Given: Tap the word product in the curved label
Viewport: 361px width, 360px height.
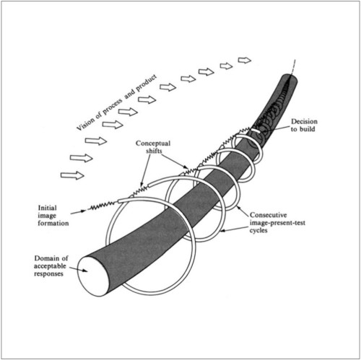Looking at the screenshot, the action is (x=147, y=82).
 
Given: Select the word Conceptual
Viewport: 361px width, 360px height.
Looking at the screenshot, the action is (x=153, y=144).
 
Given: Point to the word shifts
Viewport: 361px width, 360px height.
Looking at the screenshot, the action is (x=154, y=151).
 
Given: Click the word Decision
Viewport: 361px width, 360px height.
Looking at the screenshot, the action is (x=304, y=121).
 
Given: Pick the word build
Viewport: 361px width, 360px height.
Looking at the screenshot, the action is (x=308, y=129).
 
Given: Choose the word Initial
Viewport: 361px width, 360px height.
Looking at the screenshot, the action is (x=47, y=208).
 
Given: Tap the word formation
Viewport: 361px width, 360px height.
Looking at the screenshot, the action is (x=53, y=223).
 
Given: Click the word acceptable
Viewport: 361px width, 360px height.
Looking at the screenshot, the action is (x=50, y=266).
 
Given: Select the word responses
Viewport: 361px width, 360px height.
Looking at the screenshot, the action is (x=48, y=274).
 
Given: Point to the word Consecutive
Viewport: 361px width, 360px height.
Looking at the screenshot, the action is (x=268, y=215).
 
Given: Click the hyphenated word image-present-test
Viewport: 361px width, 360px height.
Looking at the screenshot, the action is (x=277, y=223).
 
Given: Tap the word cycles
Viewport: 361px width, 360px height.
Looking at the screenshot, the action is (x=258, y=230).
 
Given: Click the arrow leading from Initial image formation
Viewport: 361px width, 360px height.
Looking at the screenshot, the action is (x=78, y=212).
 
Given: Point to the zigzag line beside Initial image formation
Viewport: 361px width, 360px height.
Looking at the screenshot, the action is (x=103, y=206).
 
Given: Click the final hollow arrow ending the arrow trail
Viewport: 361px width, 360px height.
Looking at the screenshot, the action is (x=245, y=60).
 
